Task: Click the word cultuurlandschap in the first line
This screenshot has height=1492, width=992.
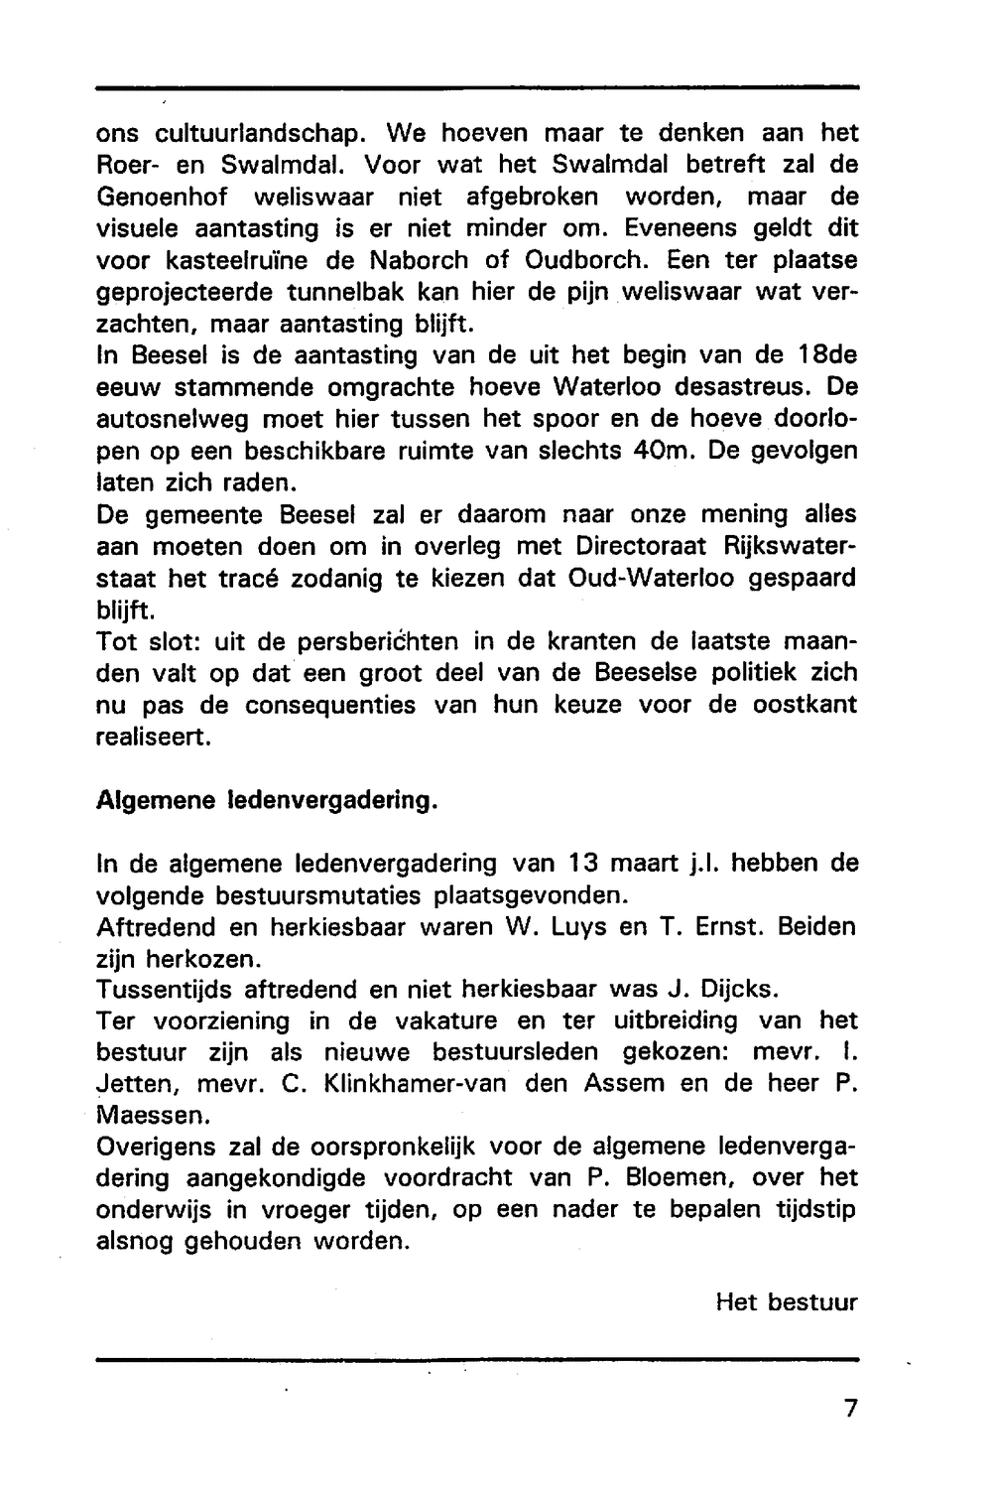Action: coord(262,133)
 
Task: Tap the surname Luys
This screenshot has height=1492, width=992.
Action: coord(571,927)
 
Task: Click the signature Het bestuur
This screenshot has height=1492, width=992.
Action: coord(786,1302)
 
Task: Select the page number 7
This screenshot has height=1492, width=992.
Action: coord(849,1409)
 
